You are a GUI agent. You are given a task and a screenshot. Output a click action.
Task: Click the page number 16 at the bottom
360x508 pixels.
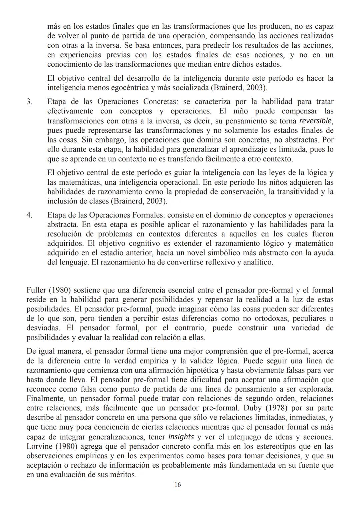tap(178, 485)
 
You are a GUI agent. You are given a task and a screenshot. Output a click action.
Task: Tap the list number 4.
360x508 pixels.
tap(29, 215)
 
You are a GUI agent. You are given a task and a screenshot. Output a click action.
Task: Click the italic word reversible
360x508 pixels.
tap(316, 121)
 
